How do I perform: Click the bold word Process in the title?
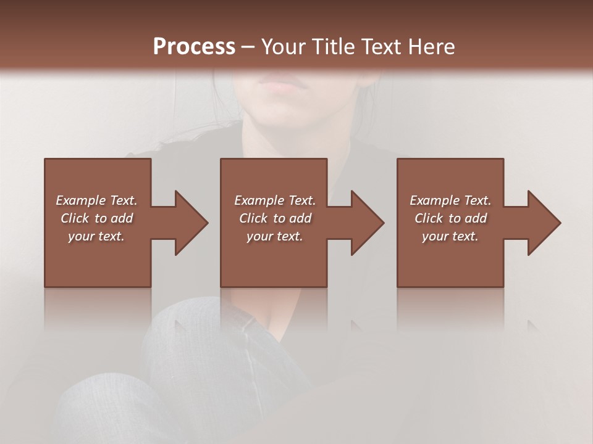194,46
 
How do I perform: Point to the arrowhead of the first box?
191,223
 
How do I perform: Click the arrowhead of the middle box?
368,223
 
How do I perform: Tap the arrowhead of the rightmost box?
544,223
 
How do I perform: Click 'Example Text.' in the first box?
97,200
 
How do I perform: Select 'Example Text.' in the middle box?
275,200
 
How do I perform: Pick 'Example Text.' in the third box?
450,200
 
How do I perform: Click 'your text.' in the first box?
96,236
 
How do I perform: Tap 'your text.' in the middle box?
275,236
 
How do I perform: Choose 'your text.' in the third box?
450,236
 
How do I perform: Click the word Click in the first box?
75,218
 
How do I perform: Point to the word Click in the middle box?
253,218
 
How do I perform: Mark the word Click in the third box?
429,218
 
